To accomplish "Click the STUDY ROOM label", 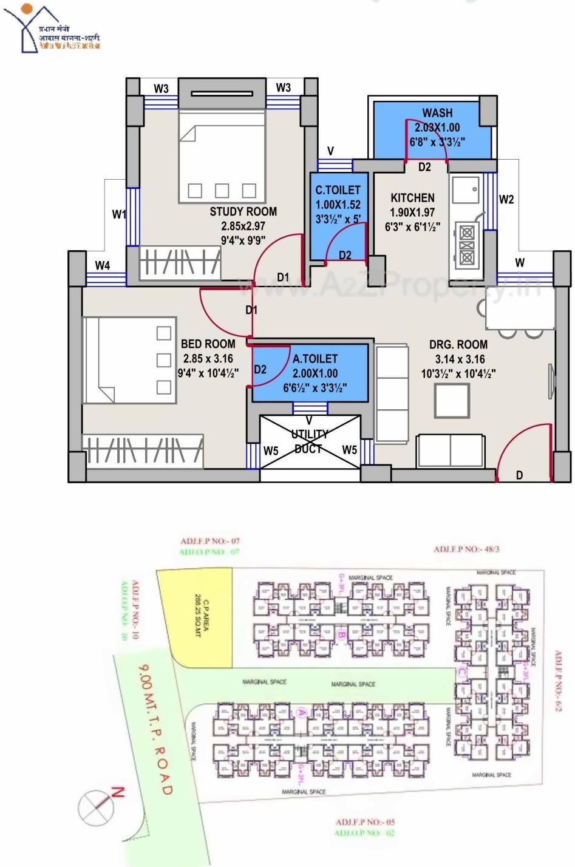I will pyautogui.click(x=243, y=212).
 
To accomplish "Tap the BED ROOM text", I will pyautogui.click(x=208, y=344).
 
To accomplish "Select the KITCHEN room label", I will pyautogui.click(x=412, y=198).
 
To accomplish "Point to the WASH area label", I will pyautogui.click(x=437, y=113).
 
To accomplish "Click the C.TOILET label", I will pyautogui.click(x=338, y=190).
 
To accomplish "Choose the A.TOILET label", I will pyautogui.click(x=315, y=359).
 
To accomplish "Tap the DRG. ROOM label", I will pyautogui.click(x=458, y=344).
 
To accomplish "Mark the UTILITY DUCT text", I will pyautogui.click(x=310, y=441).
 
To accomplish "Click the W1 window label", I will pyautogui.click(x=119, y=214).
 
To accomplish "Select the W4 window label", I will pyautogui.click(x=103, y=265).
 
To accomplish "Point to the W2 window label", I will pyautogui.click(x=506, y=199).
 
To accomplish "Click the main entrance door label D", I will pyautogui.click(x=519, y=475).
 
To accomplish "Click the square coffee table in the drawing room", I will pyautogui.click(x=451, y=401).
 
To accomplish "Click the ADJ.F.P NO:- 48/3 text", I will pyautogui.click(x=466, y=549).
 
